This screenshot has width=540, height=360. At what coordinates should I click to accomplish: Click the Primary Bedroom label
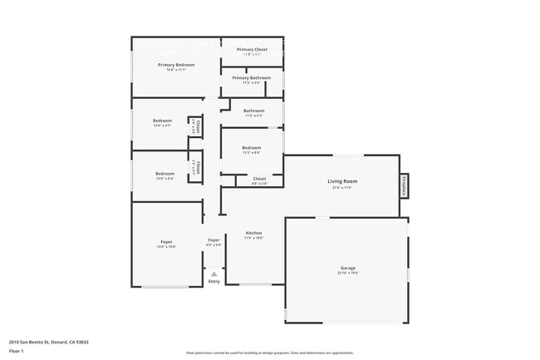[176, 65]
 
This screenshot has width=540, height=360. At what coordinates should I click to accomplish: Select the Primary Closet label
[252, 50]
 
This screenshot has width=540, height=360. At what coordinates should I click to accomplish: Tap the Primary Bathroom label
[252, 78]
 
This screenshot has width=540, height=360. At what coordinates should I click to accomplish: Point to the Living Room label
[341, 181]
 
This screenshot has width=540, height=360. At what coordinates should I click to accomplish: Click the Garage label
[347, 269]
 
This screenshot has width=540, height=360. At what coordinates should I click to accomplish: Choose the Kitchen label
[253, 233]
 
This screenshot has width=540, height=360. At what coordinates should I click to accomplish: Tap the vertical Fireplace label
[405, 185]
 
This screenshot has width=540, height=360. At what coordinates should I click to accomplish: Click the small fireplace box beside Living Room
[405, 185]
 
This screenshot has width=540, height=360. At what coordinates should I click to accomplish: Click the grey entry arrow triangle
[214, 273]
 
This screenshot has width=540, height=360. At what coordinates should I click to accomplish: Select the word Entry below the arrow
[214, 281]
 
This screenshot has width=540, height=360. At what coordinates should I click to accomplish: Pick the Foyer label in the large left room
[166, 242]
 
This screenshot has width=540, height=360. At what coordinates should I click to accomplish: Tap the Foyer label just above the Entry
[214, 240]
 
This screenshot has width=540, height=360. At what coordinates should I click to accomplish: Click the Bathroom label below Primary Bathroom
[253, 111]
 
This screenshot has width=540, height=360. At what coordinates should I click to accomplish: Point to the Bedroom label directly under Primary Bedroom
[162, 121]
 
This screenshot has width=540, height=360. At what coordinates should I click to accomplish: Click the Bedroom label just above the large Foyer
[164, 174]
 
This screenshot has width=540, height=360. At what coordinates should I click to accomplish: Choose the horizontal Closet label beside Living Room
[259, 179]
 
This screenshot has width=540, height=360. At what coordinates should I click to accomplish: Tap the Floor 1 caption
[17, 351]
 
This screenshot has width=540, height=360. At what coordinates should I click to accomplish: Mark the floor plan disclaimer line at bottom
[270, 353]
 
